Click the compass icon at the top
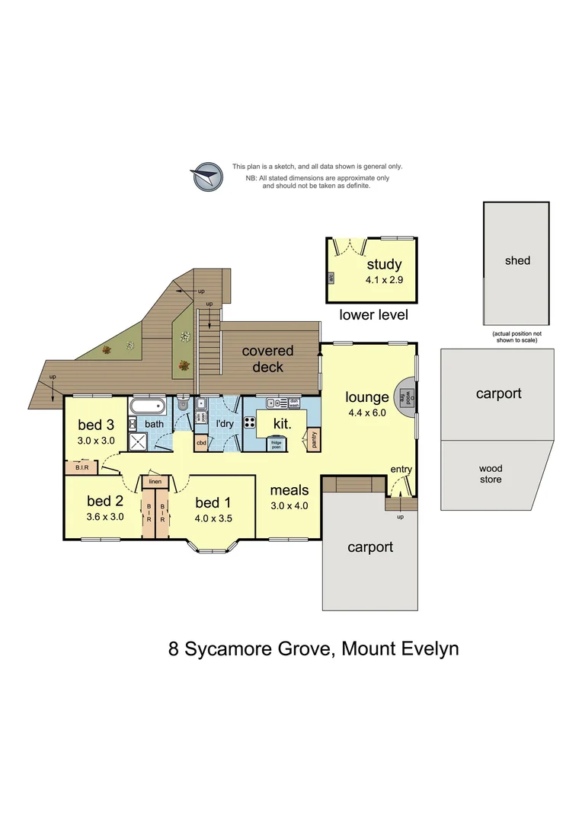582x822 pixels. click(x=206, y=177)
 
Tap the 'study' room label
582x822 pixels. click(x=384, y=265)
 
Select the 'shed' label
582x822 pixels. click(x=517, y=260)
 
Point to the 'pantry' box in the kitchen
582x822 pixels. click(x=312, y=439)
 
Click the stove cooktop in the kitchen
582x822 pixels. click(x=249, y=422)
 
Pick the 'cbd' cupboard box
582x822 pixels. click(x=201, y=442)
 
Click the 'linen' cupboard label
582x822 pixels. click(x=155, y=481)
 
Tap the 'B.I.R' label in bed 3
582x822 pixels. click(x=82, y=468)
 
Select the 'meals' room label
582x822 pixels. click(x=289, y=490)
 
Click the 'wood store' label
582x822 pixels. click(x=490, y=473)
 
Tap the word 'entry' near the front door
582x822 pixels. click(x=401, y=470)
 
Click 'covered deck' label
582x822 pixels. click(x=267, y=358)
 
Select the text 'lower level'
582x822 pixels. click(x=373, y=314)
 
